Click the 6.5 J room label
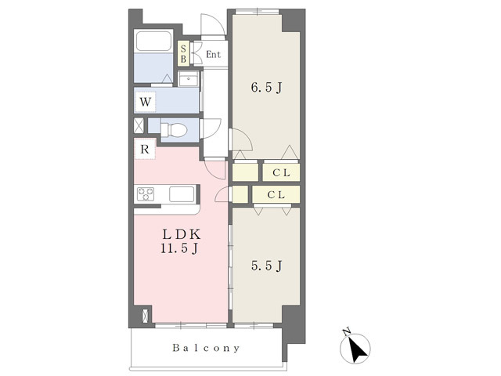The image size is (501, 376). pyautogui.click(x=266, y=87)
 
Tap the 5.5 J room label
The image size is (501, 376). pyautogui.click(x=266, y=266)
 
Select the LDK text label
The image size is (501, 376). pyautogui.click(x=181, y=235)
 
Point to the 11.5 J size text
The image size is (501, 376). pyautogui.click(x=179, y=248)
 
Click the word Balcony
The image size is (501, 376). pyautogui.click(x=206, y=348)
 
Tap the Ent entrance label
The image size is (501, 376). pyautogui.click(x=214, y=54)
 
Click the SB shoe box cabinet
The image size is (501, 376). pyautogui.click(x=183, y=53)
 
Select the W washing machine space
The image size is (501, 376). pyautogui.click(x=146, y=102)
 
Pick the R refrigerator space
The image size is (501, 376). pyautogui.click(x=145, y=149)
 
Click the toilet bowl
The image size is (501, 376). pyautogui.click(x=174, y=130)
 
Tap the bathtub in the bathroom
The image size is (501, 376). pyautogui.click(x=153, y=41)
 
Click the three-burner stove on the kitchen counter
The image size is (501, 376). pyautogui.click(x=146, y=194)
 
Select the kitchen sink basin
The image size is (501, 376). pyautogui.click(x=182, y=194)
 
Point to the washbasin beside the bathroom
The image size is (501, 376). pyautogui.click(x=189, y=78)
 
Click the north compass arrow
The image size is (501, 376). pyautogui.click(x=357, y=349)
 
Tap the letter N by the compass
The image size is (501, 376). pyautogui.click(x=346, y=332)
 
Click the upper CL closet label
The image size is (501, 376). pyautogui.click(x=281, y=173)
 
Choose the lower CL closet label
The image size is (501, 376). pyautogui.click(x=276, y=195)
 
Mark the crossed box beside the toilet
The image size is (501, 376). pyautogui.click(x=139, y=125)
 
